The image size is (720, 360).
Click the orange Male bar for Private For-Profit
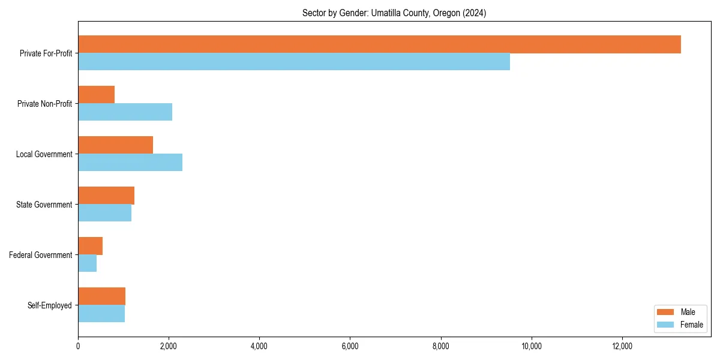point(379,44)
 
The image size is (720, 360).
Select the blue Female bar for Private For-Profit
point(294,62)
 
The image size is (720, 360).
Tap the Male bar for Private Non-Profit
point(96,95)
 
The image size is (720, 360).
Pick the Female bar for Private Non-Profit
point(125,112)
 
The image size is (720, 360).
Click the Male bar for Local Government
point(115,145)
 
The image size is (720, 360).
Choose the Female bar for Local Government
point(130,163)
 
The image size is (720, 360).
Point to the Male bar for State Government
point(106,196)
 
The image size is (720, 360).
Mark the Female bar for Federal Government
point(87,263)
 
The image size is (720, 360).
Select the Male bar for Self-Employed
point(101,296)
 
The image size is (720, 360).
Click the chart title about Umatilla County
point(394,13)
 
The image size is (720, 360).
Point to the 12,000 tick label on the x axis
point(622,346)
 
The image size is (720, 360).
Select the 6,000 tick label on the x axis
point(350,346)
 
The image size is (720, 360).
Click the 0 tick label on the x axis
point(78,346)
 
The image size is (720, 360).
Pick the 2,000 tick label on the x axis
point(169,346)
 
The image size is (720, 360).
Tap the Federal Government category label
point(41,255)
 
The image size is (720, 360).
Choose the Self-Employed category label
point(50,305)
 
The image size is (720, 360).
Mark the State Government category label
point(44,205)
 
